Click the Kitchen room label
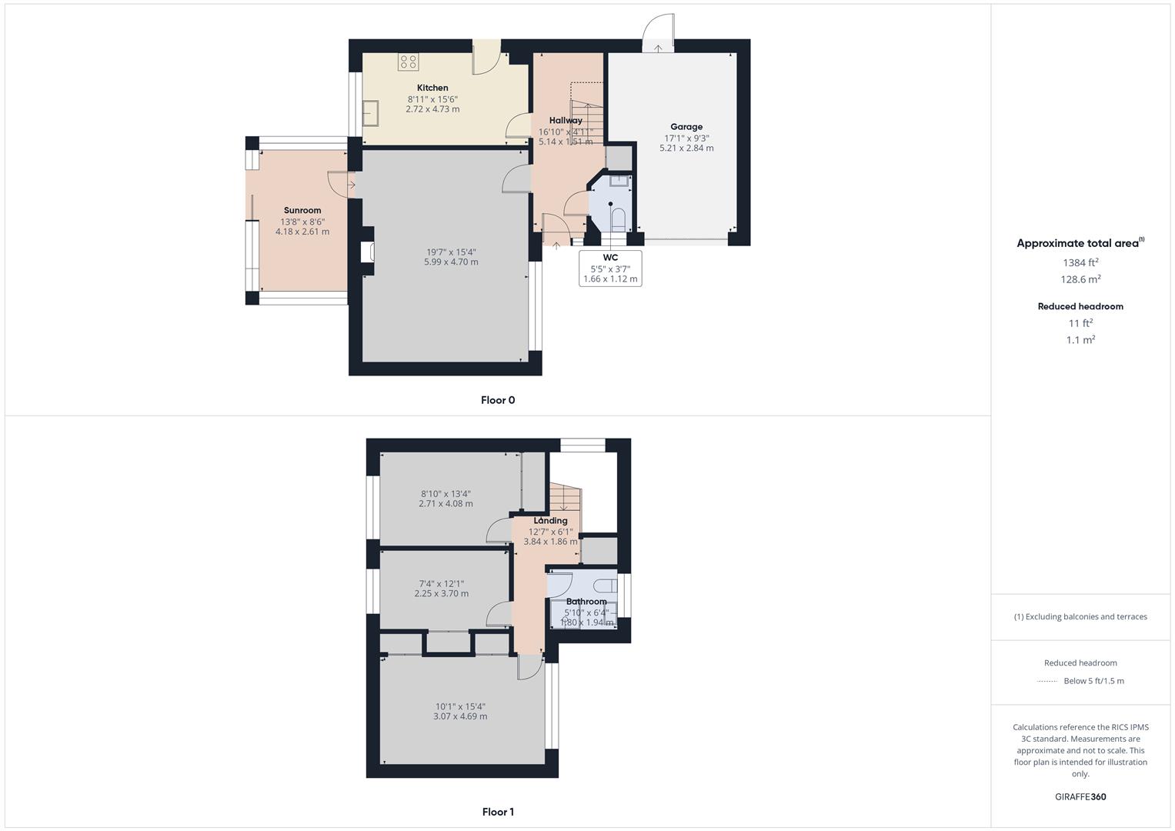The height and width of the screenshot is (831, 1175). tap(432, 88)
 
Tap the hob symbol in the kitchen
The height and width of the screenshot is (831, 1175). tap(408, 62)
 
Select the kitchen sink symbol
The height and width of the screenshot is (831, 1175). tap(372, 112)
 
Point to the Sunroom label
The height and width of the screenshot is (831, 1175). tap(302, 211)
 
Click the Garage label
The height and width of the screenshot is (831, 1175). tap(686, 127)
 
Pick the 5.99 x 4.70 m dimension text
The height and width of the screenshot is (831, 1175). tap(451, 262)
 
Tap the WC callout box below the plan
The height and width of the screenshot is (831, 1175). tap(610, 269)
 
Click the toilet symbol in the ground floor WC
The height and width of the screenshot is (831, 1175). tap(617, 221)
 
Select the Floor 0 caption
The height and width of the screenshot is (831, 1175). tap(498, 400)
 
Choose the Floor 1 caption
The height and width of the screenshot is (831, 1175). tap(498, 812)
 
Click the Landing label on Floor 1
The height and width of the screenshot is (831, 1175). tap(550, 521)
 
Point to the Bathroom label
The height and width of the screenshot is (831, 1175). tap(586, 602)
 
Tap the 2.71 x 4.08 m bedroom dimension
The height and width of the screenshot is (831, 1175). tap(446, 504)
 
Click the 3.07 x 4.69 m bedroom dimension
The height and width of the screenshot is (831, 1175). tap(460, 716)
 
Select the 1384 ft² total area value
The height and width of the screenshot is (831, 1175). tap(1080, 262)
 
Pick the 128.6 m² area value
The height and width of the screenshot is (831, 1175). tap(1080, 280)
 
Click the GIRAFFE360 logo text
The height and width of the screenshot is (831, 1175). tap(1080, 797)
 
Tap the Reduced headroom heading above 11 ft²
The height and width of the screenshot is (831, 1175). tap(1080, 306)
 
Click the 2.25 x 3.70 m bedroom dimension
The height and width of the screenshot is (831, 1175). tap(442, 594)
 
